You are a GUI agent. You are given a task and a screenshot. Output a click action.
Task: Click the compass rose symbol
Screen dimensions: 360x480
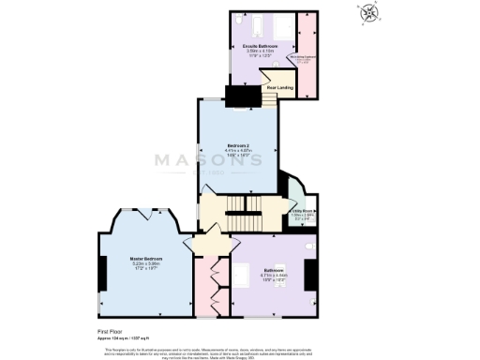(x=372, y=12)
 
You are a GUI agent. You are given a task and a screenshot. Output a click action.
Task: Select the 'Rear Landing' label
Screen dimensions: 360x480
(x=279, y=88)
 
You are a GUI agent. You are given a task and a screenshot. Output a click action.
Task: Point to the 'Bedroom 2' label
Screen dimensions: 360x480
(x=239, y=145)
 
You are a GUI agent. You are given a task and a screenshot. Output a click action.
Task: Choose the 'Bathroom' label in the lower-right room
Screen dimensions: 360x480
(x=274, y=268)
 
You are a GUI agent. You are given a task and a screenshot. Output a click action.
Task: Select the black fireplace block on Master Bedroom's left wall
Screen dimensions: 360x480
(x=100, y=273)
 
